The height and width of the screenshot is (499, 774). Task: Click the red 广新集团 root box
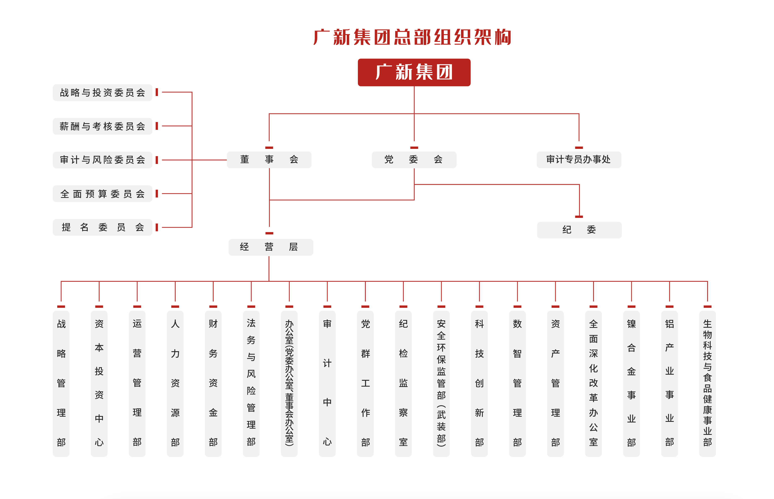tap(414, 72)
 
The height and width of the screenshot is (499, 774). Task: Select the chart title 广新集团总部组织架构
tap(412, 37)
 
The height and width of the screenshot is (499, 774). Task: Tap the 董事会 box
tap(269, 159)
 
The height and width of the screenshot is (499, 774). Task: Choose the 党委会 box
tap(414, 159)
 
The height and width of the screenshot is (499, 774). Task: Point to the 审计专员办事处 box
tap(578, 159)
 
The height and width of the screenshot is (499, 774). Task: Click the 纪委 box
tap(579, 230)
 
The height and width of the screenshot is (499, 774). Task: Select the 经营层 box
tap(270, 247)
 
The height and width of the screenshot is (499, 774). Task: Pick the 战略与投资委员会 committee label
tap(102, 93)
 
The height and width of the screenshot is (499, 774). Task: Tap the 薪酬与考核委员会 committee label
tap(102, 126)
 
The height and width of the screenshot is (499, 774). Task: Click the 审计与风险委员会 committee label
tap(102, 160)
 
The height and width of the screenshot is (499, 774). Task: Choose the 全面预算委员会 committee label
tap(102, 194)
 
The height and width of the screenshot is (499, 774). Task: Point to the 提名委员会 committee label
tap(102, 227)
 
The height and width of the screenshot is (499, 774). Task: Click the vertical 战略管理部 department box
tap(61, 383)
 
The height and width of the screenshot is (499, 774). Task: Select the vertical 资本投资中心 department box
tap(99, 383)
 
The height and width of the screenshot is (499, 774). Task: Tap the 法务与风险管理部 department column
tap(251, 383)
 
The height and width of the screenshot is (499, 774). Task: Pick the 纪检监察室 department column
tap(403, 383)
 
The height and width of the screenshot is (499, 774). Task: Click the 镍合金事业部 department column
tap(631, 383)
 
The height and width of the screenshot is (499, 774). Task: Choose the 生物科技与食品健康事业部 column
tap(707, 383)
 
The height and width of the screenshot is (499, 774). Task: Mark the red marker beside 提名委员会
tap(157, 227)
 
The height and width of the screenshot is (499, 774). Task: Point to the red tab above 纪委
tap(579, 216)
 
